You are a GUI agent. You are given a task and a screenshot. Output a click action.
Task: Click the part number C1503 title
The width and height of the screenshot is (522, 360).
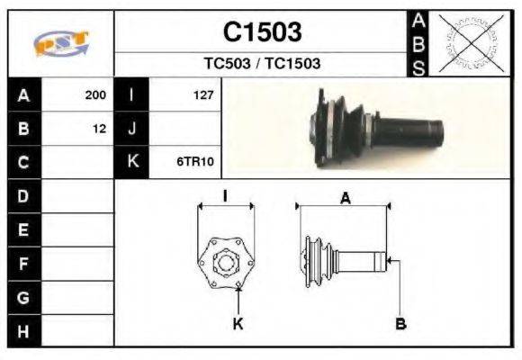click(262, 32)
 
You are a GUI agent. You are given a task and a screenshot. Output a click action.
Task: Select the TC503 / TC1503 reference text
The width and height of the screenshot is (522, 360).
click(262, 64)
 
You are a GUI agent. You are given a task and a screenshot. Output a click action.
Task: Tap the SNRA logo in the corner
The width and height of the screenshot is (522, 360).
click(60, 44)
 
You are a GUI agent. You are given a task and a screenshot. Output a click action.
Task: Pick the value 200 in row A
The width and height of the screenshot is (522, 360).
click(95, 94)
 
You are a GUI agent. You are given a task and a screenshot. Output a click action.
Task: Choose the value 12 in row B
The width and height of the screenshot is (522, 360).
click(99, 129)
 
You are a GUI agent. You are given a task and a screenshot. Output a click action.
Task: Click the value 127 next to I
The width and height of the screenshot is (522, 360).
click(202, 94)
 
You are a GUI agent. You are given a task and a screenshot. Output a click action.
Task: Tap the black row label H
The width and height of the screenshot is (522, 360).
click(23, 330)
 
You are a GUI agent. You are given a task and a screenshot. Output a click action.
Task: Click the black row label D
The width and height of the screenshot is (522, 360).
click(23, 195)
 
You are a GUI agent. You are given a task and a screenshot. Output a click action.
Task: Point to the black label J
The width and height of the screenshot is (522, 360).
click(131, 129)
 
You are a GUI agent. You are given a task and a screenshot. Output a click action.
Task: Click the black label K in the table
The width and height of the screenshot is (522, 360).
click(131, 163)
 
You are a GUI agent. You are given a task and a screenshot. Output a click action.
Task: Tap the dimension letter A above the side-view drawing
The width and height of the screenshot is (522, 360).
click(344, 200)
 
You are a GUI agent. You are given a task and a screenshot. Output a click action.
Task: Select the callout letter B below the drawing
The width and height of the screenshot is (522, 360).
click(400, 324)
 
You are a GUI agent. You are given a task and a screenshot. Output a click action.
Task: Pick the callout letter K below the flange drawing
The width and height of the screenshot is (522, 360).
click(238, 324)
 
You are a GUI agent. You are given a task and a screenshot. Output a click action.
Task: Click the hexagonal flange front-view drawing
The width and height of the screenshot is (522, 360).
click(225, 262)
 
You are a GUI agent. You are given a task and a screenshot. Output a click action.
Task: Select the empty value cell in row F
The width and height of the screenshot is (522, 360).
click(78, 263)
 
